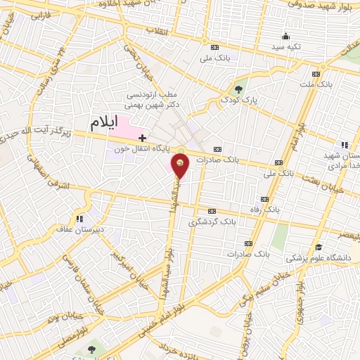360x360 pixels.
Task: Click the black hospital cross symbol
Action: (142, 137)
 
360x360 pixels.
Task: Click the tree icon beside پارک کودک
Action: (238, 89)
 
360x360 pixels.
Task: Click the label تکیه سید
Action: (288, 46)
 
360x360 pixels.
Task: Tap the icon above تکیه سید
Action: (285, 37)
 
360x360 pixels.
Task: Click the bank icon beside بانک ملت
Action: (316, 74)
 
